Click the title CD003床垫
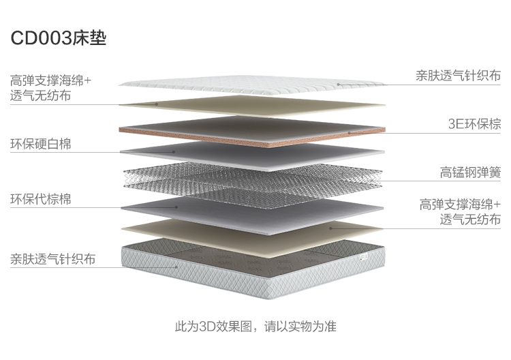(59, 38)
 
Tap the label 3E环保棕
(474, 124)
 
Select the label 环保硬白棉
(41, 144)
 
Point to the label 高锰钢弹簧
(470, 172)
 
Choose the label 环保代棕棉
(41, 199)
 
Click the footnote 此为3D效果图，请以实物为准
(255, 326)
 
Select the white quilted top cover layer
(251, 85)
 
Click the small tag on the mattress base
(363, 257)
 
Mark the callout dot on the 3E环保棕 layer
(349, 133)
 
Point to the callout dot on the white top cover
(339, 85)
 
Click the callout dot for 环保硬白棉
(174, 152)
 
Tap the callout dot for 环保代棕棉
(176, 207)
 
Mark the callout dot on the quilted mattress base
(176, 267)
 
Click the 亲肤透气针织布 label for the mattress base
(52, 259)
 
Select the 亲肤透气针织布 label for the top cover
(459, 76)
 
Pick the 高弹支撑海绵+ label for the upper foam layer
(50, 80)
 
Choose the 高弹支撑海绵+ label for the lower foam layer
(460, 205)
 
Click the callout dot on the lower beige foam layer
(330, 228)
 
